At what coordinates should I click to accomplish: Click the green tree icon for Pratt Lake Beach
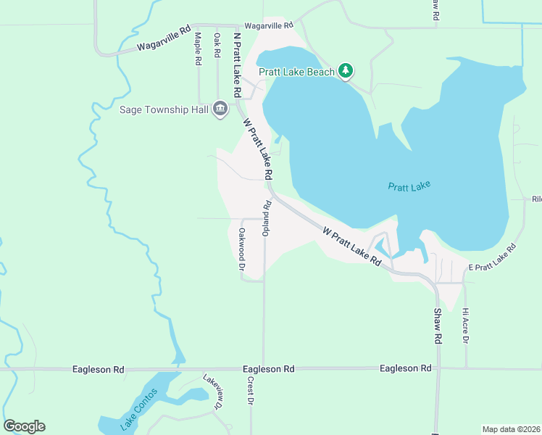347,70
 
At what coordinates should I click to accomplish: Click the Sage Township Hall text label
164,110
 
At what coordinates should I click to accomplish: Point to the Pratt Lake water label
409,186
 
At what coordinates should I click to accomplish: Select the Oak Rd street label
217,44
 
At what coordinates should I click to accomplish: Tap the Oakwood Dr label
242,249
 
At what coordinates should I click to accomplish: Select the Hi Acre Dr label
466,326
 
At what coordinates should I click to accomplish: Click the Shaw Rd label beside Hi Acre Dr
438,326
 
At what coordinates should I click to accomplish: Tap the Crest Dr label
250,391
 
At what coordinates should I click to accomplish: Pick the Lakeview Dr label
212,392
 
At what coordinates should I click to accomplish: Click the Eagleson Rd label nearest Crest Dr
269,369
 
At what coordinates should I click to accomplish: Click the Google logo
24,426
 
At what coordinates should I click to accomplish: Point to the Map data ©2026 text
512,429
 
